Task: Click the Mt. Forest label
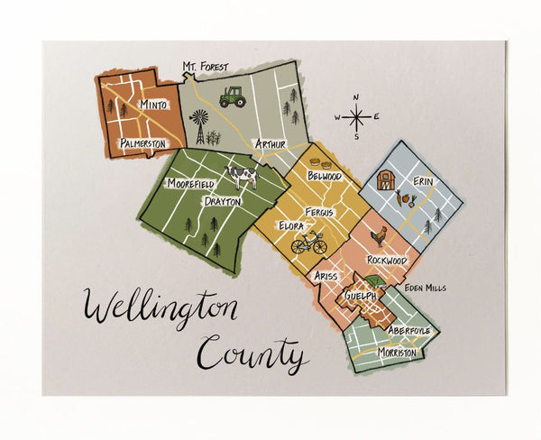click(x=206, y=67)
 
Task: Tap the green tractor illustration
click(x=233, y=96)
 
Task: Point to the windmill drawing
click(x=198, y=126)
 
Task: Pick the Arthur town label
click(x=270, y=143)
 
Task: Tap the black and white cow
click(x=241, y=174)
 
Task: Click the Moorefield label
click(x=190, y=183)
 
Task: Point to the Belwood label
click(x=325, y=176)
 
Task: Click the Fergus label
click(x=318, y=212)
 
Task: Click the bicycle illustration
click(x=308, y=243)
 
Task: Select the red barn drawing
click(x=387, y=179)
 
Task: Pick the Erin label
click(x=423, y=181)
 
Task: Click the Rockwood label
click(x=386, y=260)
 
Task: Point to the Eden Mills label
click(x=426, y=288)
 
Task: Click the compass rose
click(x=357, y=116)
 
